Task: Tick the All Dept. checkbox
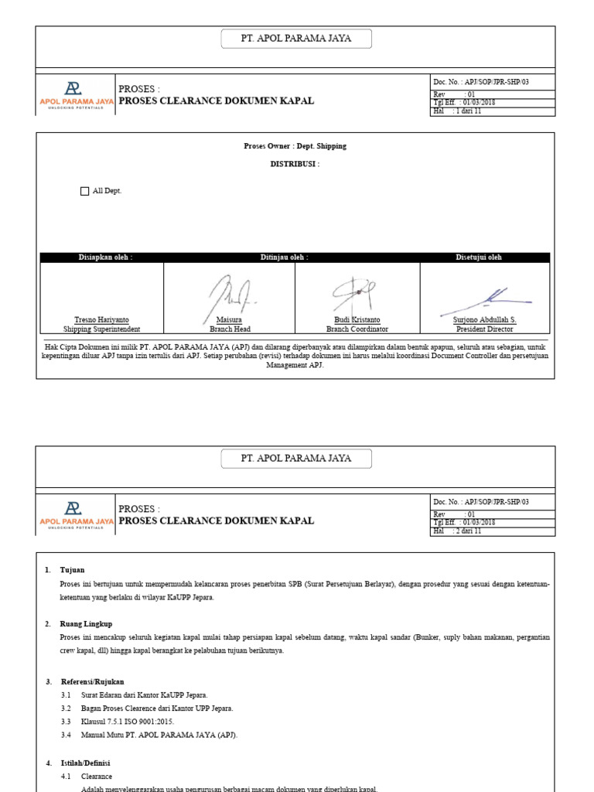point(85,191)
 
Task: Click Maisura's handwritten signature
point(230,295)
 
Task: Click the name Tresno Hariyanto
point(101,320)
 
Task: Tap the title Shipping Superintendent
point(101,329)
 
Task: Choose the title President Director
point(485,329)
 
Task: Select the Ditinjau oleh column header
point(284,258)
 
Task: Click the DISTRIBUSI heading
point(295,165)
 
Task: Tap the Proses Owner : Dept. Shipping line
point(295,146)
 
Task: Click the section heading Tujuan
point(73,570)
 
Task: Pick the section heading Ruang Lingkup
point(86,623)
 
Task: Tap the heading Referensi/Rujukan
point(93,681)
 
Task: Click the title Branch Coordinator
point(357,329)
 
